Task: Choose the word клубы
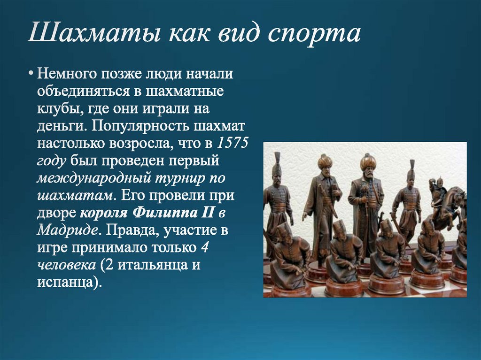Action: pos(54,109)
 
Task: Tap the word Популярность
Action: pos(140,126)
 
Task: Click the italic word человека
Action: pos(65,265)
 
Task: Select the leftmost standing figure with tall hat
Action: pos(277,197)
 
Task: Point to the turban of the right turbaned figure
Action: pos(368,161)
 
